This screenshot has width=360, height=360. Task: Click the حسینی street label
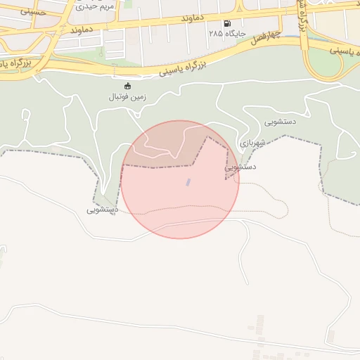point(33,12)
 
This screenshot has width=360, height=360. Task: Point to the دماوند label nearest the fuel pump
point(207,16)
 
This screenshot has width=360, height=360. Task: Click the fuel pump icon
point(227,22)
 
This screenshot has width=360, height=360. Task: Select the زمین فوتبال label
point(127,96)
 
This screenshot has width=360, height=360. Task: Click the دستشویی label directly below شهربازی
point(240,167)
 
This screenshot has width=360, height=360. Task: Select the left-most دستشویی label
point(103,210)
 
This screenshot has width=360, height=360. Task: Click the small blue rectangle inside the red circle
point(188,182)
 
